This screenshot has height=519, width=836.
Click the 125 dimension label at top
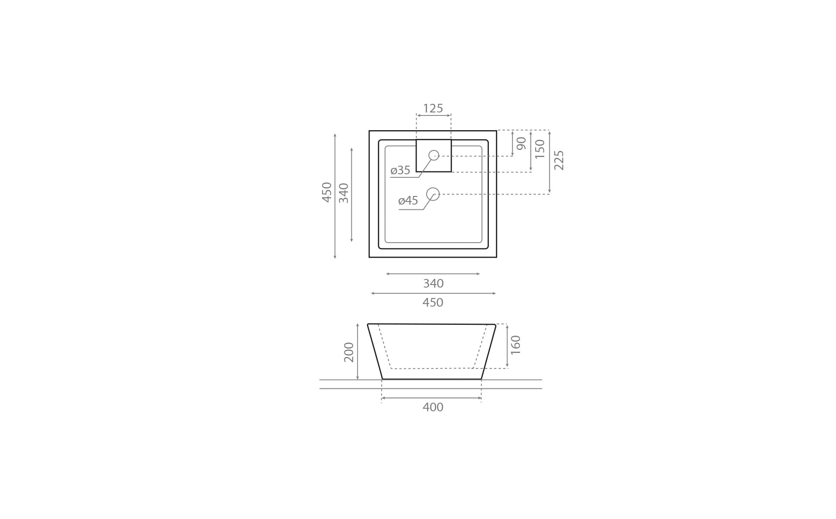pyautogui.click(x=433, y=108)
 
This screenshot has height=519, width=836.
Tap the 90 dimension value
pyautogui.click(x=522, y=143)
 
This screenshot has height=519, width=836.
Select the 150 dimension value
pyautogui.click(x=540, y=149)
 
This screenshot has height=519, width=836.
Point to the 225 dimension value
pyautogui.click(x=559, y=160)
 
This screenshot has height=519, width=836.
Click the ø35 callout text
pyautogui.click(x=400, y=170)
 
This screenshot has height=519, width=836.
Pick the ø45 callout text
pyautogui.click(x=408, y=201)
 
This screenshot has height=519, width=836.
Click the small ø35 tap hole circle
pyautogui.click(x=434, y=155)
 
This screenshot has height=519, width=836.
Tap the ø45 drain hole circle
pyautogui.click(x=433, y=194)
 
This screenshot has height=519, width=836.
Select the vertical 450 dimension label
pyautogui.click(x=327, y=192)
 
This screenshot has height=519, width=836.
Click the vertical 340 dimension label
pyautogui.click(x=344, y=193)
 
